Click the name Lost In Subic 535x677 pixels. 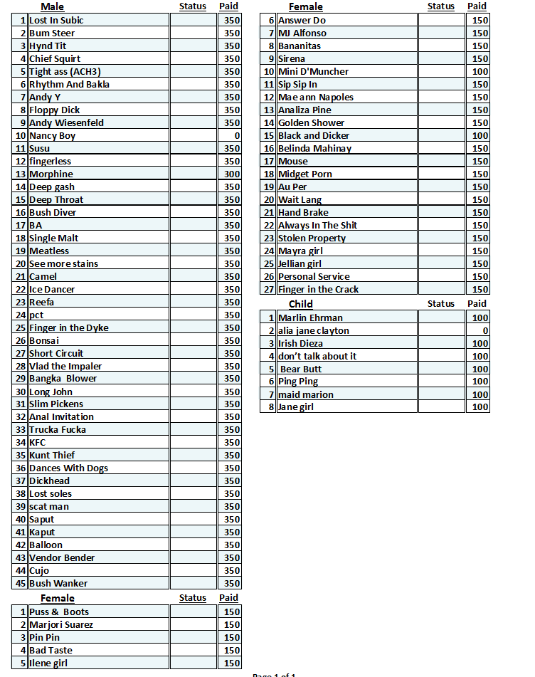point(56,21)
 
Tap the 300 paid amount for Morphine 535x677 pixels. point(232,174)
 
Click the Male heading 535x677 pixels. point(52,7)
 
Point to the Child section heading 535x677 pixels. point(300,304)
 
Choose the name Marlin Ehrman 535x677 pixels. point(310,318)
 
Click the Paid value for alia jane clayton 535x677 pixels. point(485,331)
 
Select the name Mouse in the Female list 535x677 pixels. point(293,162)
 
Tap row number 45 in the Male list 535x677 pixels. point(20,584)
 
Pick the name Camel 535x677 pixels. point(43,277)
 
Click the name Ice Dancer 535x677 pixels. point(52,290)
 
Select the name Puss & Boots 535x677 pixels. point(59,612)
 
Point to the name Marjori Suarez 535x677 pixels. point(61,625)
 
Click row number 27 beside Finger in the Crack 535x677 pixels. point(269,290)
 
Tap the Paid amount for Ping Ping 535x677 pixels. point(480,382)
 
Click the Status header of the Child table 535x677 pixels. point(440,304)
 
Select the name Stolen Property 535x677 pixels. point(312,238)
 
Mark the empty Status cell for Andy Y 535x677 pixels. point(193,98)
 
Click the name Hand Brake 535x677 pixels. point(303,213)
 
